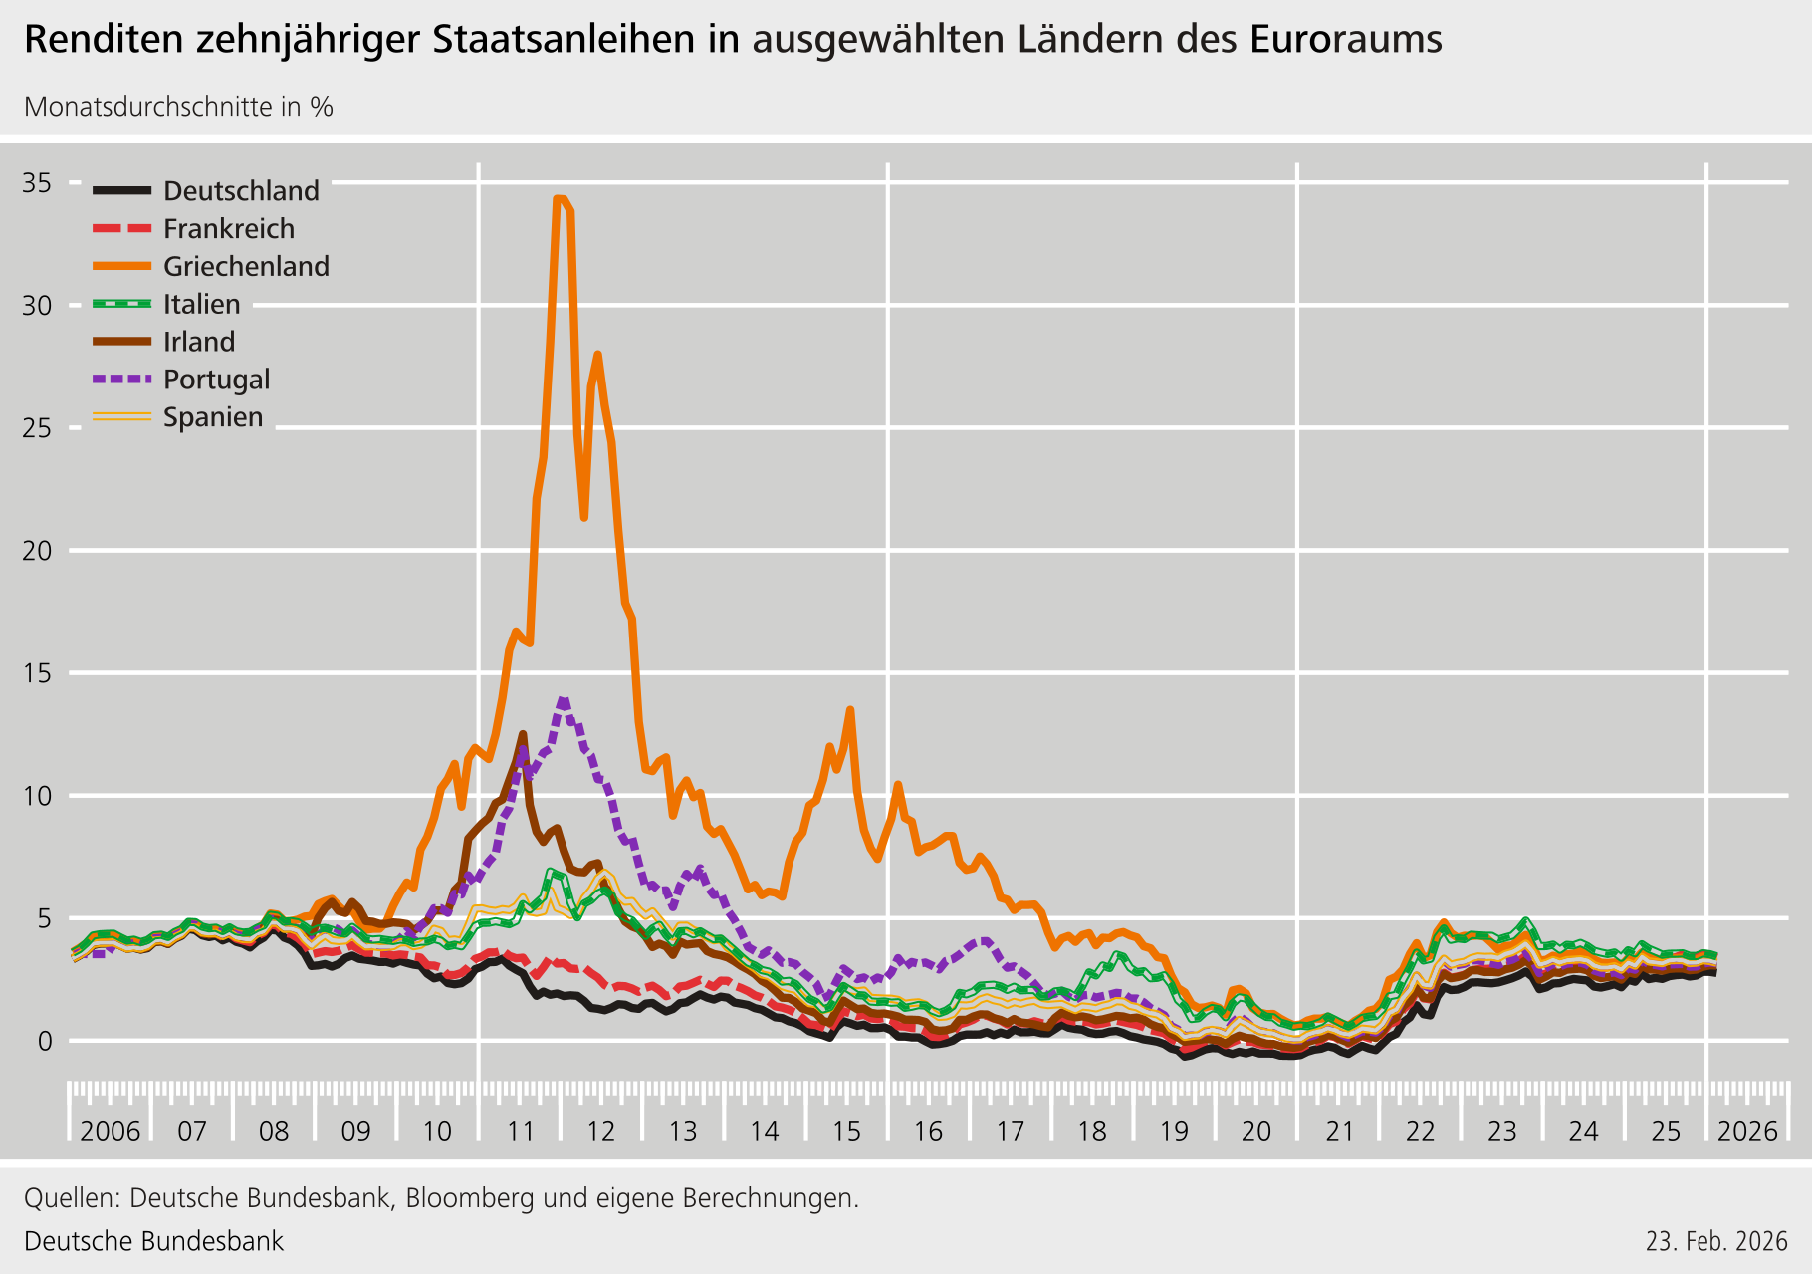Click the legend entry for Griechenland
246,266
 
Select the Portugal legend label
216,380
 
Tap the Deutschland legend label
241,190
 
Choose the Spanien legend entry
213,417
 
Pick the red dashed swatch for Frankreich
121,228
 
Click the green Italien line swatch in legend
121,304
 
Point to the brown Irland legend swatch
121,342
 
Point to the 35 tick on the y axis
38,182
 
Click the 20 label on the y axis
38,550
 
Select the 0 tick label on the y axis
45,1041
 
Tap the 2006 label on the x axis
110,1132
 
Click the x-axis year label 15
846,1132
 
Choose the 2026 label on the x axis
1747,1132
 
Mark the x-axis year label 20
1256,1132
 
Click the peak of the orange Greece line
560,198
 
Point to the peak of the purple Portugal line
564,700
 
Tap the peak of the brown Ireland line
523,734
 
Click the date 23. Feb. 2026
1716,1241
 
